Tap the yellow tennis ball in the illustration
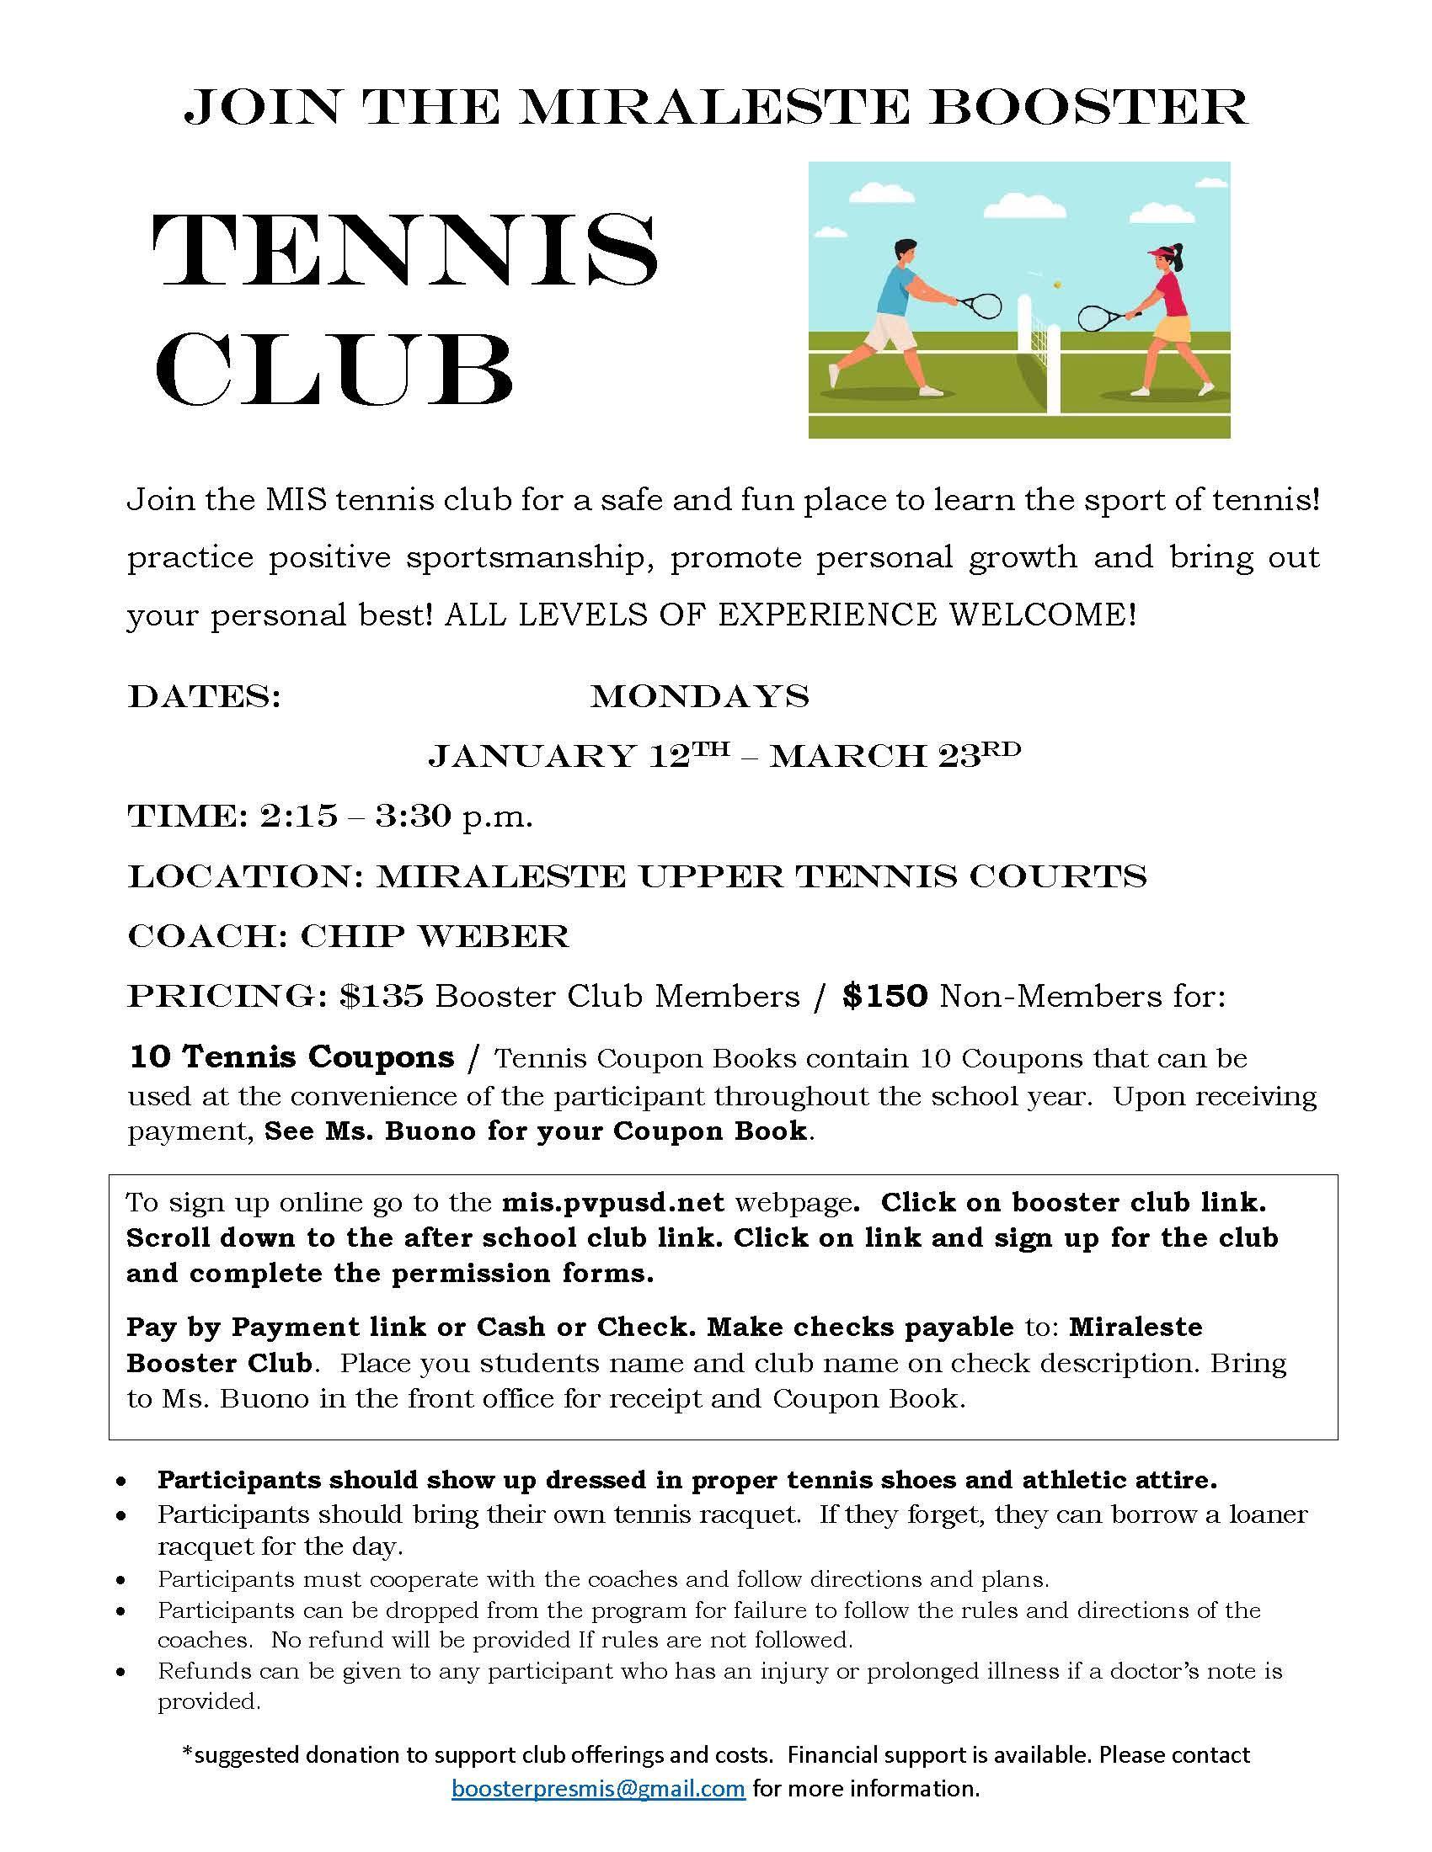click(x=1058, y=286)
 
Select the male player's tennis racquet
click(x=981, y=304)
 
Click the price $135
click(x=381, y=997)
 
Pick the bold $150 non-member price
click(x=885, y=997)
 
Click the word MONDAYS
click(x=700, y=697)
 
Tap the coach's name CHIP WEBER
click(x=435, y=936)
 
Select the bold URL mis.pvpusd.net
click(x=612, y=1201)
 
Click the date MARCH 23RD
click(x=895, y=755)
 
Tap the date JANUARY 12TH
click(x=578, y=755)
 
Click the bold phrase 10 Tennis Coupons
click(x=291, y=1057)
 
